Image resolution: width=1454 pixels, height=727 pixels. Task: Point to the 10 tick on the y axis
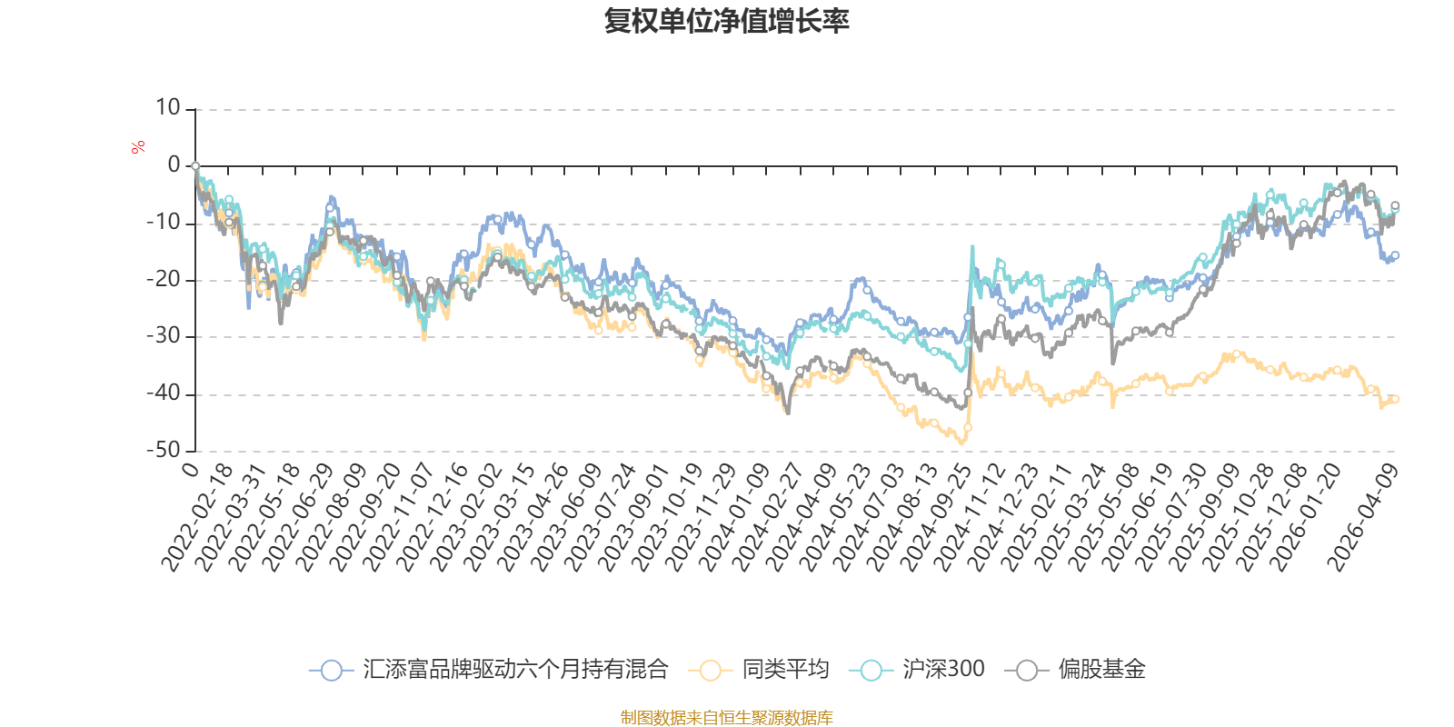(x=168, y=108)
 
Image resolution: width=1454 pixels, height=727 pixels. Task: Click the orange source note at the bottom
(x=726, y=718)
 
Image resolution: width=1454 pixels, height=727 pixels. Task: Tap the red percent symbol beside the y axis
(x=137, y=147)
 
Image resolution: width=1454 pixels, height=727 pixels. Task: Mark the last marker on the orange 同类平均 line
(x=1395, y=399)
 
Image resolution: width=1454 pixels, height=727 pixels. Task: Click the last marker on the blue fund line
(x=1396, y=255)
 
